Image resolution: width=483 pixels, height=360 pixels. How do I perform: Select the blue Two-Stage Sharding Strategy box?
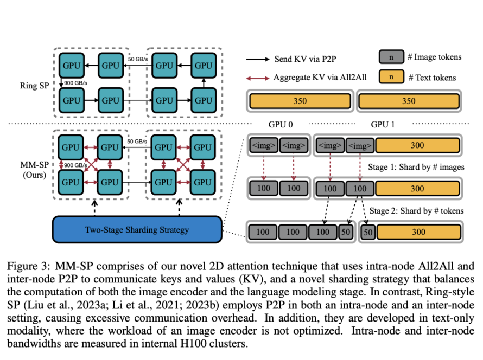click(137, 230)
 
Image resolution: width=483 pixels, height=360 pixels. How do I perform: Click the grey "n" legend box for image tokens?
click(391, 56)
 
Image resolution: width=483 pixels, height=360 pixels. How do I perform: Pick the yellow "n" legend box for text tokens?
click(391, 77)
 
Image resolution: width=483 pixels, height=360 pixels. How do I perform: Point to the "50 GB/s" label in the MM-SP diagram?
click(138, 142)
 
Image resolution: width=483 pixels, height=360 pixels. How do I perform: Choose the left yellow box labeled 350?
click(300, 101)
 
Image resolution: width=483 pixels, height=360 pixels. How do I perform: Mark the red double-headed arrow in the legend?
click(258, 77)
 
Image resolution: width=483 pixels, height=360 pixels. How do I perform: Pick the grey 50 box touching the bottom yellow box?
click(367, 232)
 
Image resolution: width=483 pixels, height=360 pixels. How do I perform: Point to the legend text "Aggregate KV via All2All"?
click(320, 77)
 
